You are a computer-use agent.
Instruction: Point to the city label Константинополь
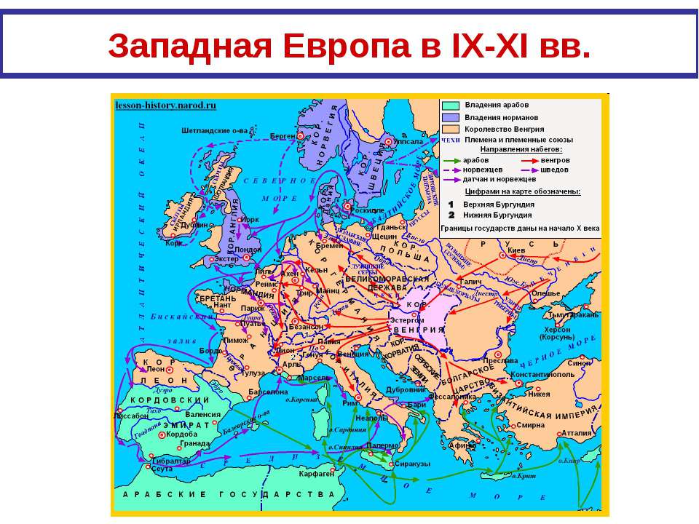[x=542, y=374]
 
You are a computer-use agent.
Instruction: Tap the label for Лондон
[x=248, y=250]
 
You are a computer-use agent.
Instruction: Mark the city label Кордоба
[x=182, y=434]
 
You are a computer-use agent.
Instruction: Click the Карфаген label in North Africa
[x=316, y=473]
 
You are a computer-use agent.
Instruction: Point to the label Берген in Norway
[x=282, y=136]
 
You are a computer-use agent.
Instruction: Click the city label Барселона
[x=268, y=392]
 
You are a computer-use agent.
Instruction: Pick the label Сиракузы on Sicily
[x=413, y=464]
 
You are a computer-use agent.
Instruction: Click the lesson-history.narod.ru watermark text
[x=166, y=105]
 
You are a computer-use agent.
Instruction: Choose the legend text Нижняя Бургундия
[x=498, y=215]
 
